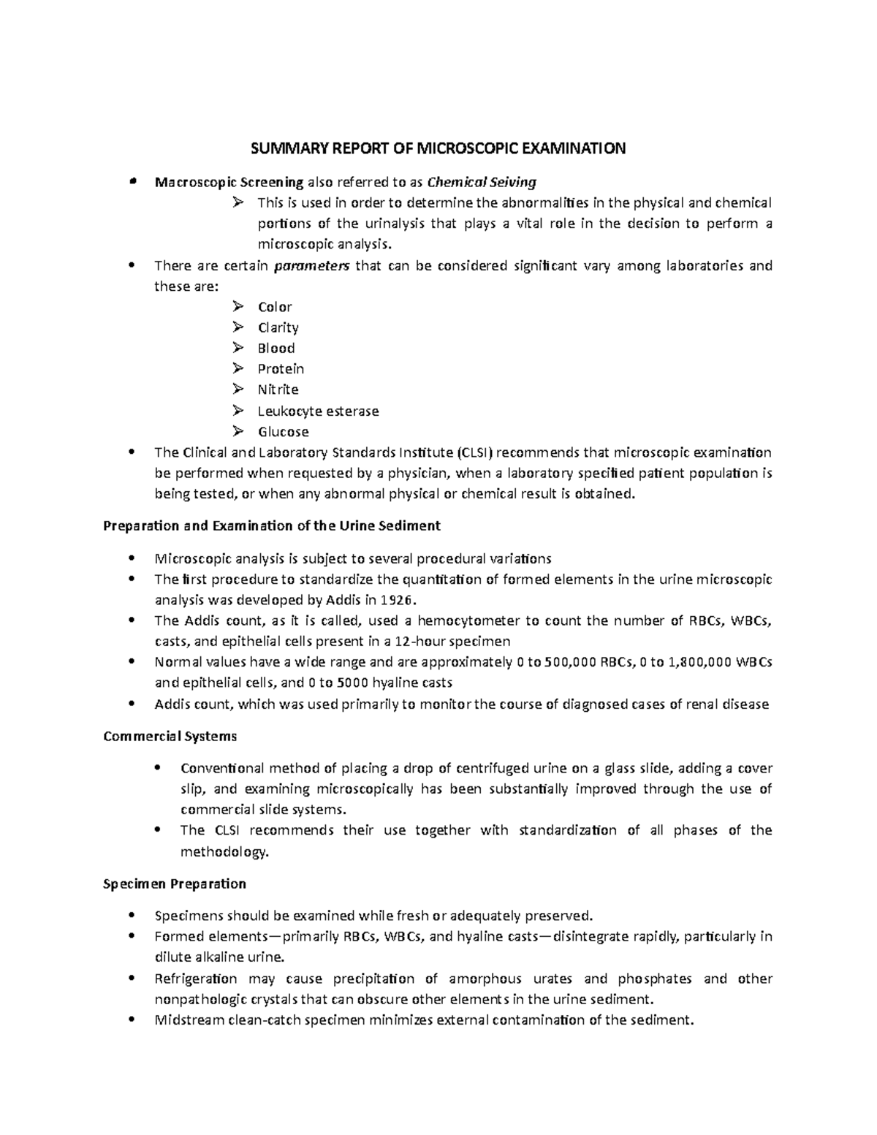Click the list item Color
tap(275, 307)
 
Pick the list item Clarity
tap(278, 327)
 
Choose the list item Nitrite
tap(278, 390)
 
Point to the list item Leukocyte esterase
tap(318, 411)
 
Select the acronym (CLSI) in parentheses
tap(477, 452)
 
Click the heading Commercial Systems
tap(170, 736)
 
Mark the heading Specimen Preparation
tap(175, 884)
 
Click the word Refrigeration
tap(196, 979)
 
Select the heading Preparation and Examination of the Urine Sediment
tap(272, 525)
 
